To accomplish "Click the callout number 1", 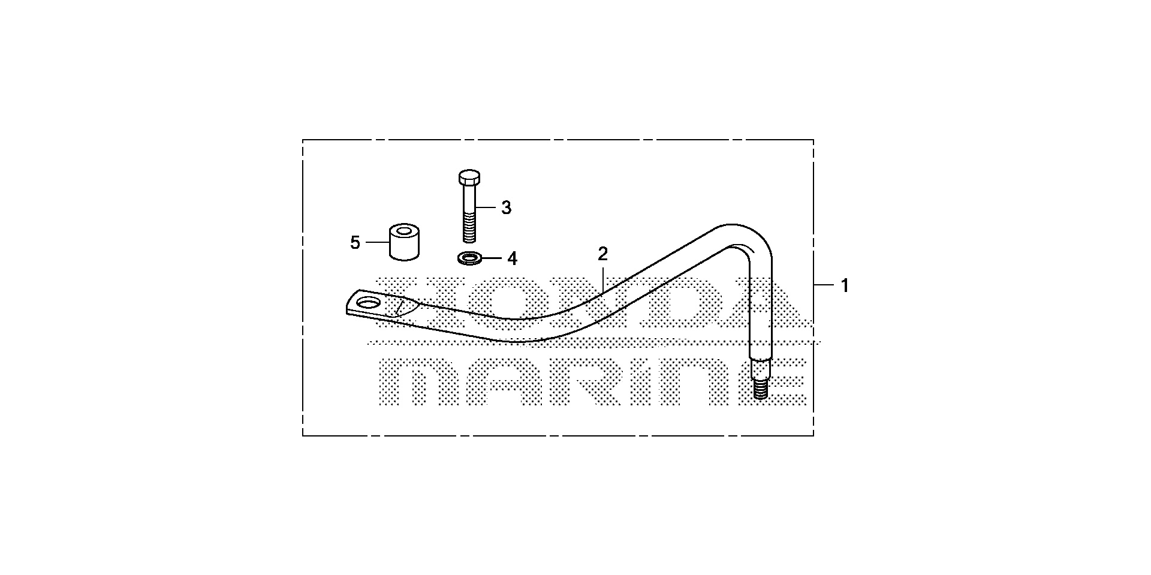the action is coord(845,286).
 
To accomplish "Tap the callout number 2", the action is coord(602,254).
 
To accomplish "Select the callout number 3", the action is coord(506,208).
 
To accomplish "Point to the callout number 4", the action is coord(511,259).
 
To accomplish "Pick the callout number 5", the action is coord(355,243).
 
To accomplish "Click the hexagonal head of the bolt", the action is coord(469,177).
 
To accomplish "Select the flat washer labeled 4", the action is coord(469,258).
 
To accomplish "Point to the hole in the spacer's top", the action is coord(404,230).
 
